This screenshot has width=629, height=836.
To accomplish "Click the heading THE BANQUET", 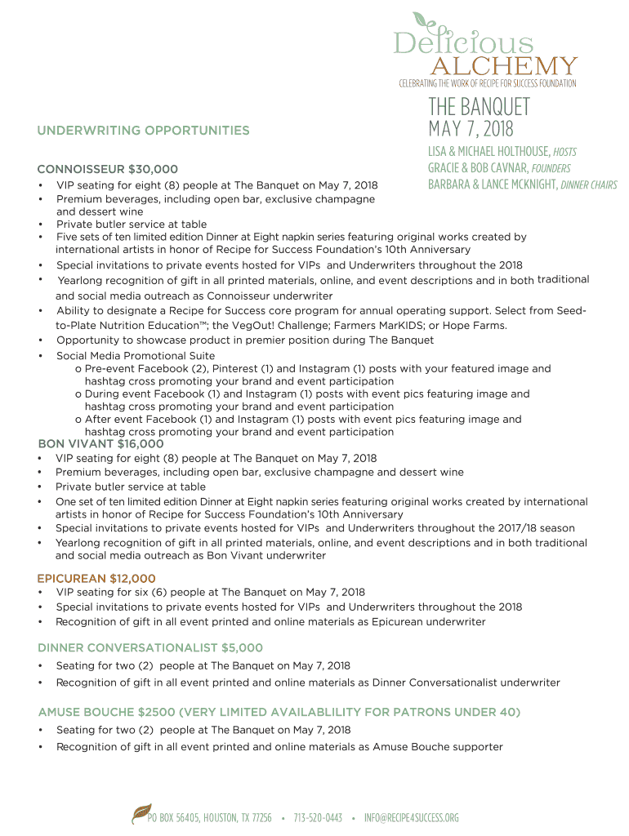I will click(479, 107).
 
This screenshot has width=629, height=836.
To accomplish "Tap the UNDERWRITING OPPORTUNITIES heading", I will click(143, 131).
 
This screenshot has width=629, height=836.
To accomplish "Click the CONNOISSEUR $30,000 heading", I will click(107, 169).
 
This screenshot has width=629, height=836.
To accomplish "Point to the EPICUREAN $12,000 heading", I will click(96, 579).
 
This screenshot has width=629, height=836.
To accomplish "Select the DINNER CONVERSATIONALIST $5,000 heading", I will click(150, 648).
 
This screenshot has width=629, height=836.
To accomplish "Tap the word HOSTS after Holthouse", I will click(564, 152).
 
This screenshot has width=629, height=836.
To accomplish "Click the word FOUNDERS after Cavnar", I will click(551, 168).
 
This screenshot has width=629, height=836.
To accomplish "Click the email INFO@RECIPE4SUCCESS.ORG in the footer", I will click(412, 817).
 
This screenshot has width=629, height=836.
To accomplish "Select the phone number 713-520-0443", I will click(318, 817).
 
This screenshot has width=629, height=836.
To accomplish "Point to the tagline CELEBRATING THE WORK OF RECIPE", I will click(487, 83).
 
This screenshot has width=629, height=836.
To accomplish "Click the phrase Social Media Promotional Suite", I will click(136, 356).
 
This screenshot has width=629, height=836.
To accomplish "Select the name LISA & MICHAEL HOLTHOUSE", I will click(488, 152).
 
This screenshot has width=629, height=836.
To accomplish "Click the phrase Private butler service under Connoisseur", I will click(131, 225).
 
